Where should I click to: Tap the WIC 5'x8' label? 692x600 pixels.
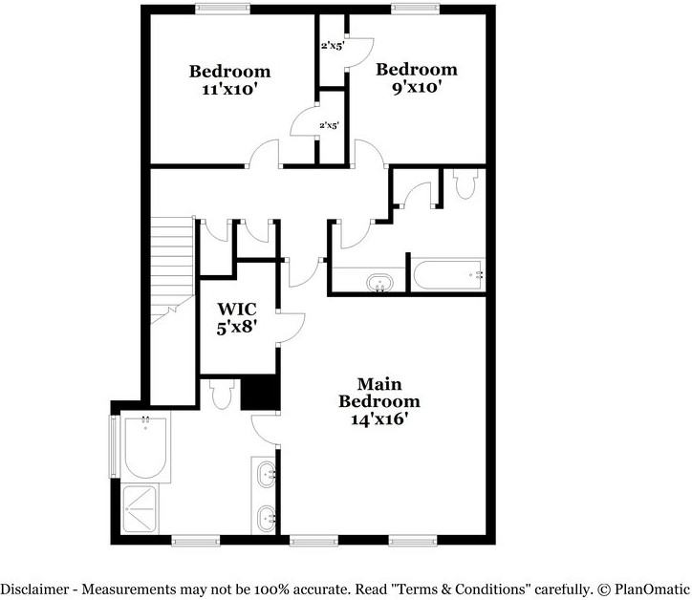[237, 318]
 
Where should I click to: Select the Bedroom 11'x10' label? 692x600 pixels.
[229, 80]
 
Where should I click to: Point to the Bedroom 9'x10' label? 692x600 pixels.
[416, 77]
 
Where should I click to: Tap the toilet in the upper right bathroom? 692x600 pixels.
[467, 182]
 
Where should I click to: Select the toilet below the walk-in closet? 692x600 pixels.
[222, 393]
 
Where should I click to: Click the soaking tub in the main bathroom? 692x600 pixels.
[146, 446]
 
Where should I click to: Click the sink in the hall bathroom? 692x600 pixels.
[380, 283]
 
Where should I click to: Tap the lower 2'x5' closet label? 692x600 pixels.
[330, 125]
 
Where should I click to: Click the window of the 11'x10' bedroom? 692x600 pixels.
[225, 9]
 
